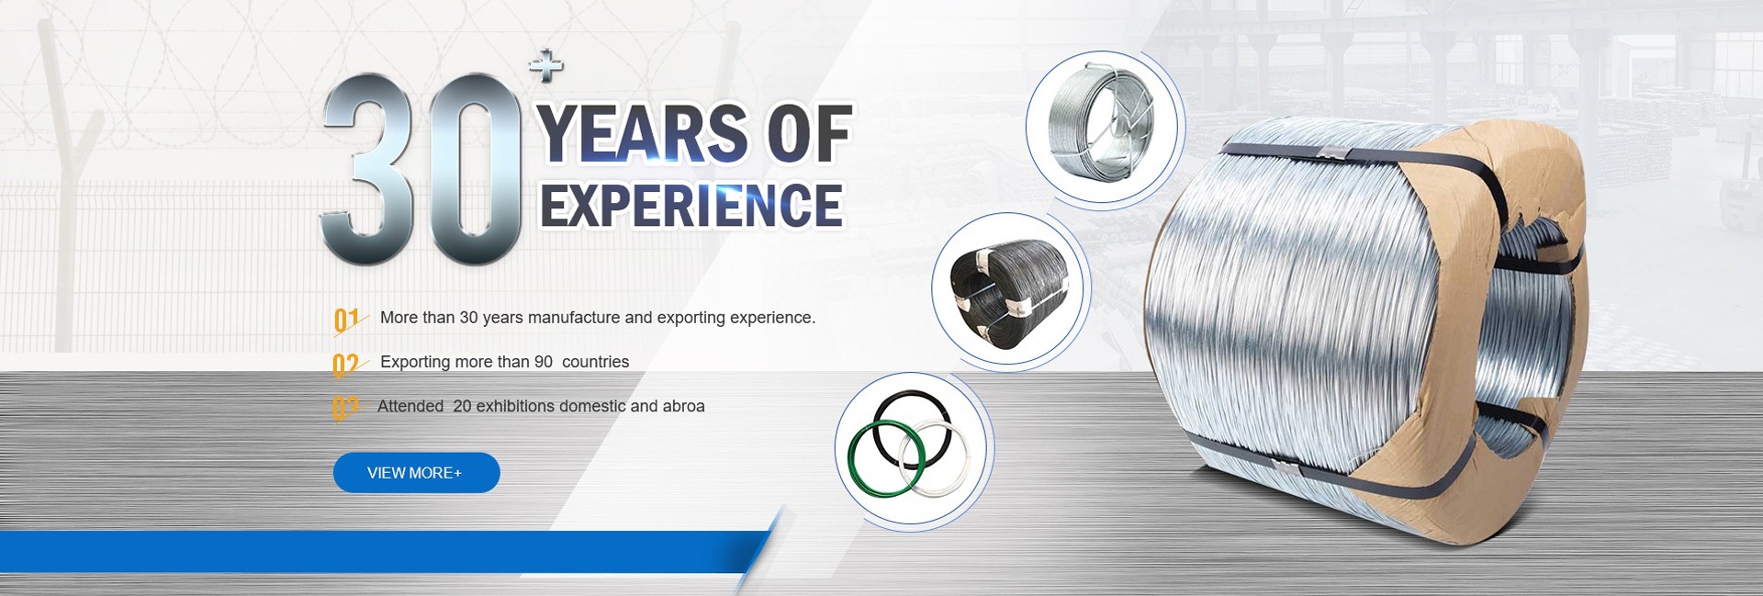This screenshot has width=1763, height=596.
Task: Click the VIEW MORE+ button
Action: pyautogui.click(x=416, y=472)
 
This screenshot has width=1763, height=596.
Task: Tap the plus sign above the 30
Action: pyautogui.click(x=546, y=65)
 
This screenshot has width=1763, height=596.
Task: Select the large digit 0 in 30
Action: pyautogui.click(x=476, y=169)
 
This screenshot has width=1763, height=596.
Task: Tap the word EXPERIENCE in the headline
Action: pyautogui.click(x=691, y=205)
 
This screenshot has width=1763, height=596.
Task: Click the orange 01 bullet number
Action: pyautogui.click(x=347, y=320)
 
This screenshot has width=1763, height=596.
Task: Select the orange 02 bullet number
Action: pyautogui.click(x=346, y=365)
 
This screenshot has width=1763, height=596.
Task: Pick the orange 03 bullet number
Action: pyautogui.click(x=345, y=408)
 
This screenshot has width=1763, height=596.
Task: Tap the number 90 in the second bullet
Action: pyautogui.click(x=544, y=362)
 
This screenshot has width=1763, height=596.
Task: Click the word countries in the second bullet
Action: pyautogui.click(x=595, y=362)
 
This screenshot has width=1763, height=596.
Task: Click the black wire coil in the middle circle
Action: pyautogui.click(x=1009, y=292)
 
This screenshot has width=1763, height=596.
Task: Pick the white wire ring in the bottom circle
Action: pyautogui.click(x=936, y=458)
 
